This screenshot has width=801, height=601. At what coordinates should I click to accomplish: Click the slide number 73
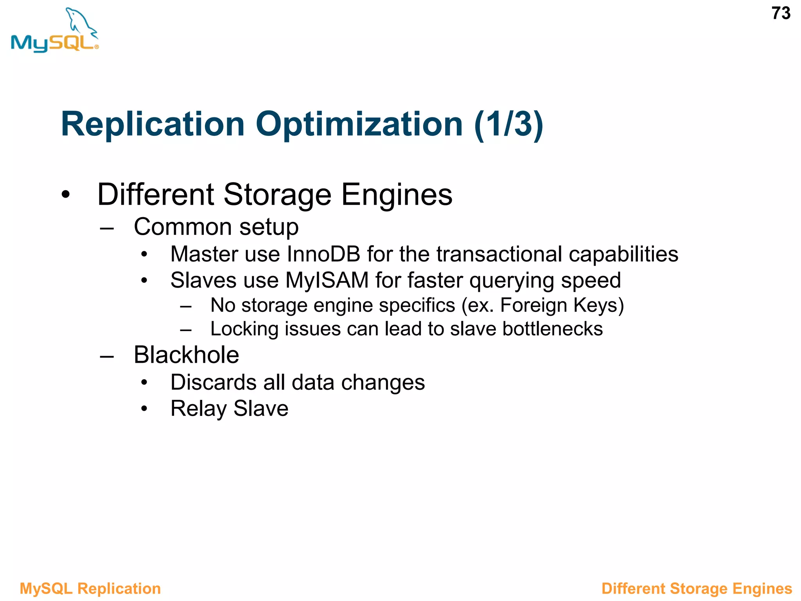[x=781, y=14]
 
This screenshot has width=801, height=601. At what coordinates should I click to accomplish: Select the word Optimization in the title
[x=359, y=124]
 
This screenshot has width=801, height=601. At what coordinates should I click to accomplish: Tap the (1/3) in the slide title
[x=508, y=124]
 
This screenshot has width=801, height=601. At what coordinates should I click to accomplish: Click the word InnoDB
[x=323, y=254]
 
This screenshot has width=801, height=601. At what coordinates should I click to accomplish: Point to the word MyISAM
[x=327, y=281]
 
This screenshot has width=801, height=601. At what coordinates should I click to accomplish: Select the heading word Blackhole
[x=186, y=355]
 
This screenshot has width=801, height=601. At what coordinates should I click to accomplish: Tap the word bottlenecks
[x=552, y=329]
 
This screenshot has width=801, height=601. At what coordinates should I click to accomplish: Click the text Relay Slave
[x=229, y=409]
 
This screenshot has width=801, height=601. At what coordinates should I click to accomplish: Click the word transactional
[x=499, y=254]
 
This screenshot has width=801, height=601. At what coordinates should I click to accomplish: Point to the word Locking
[x=244, y=329]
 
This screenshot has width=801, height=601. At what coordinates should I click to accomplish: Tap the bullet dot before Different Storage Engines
[x=65, y=194]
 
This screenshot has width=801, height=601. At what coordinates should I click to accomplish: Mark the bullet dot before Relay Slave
[x=144, y=409]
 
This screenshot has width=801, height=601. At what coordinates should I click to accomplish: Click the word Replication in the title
[x=153, y=124]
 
